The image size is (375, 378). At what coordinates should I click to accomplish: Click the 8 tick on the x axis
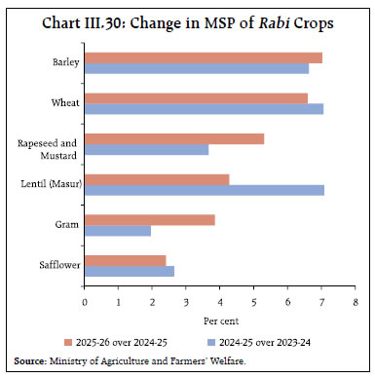pyautogui.click(x=356, y=303)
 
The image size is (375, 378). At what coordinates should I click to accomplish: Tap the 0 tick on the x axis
pyautogui.click(x=85, y=303)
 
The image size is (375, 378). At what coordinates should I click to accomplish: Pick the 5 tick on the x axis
pyautogui.click(x=254, y=303)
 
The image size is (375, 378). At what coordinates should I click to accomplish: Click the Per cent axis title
pyautogui.click(x=222, y=320)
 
